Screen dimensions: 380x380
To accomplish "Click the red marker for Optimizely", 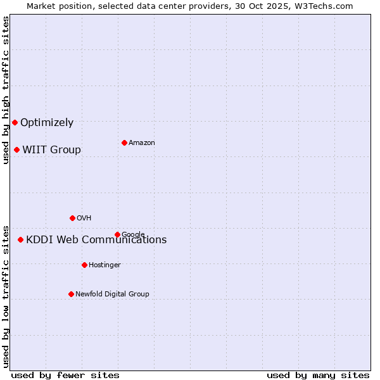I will coord(15,122).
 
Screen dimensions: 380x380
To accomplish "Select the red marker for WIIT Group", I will coord(16,149).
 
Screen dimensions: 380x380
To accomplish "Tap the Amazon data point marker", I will coord(124,142).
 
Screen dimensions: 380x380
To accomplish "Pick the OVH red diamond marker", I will coord(72,218).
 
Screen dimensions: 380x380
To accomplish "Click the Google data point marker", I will coord(117,234).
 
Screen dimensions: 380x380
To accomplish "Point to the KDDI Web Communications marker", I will coord(20,239).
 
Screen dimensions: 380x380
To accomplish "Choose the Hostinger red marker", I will coord(84,265).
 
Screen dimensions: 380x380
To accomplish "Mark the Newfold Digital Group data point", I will coord(71,294).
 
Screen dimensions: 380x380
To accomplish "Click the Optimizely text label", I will coord(47,123).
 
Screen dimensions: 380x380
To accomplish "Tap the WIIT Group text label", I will coord(51,150).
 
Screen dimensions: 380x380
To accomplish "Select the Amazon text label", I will coord(142,143).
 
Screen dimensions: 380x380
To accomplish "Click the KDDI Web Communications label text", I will coord(96,240).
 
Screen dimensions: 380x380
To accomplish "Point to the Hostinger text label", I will coord(104,265).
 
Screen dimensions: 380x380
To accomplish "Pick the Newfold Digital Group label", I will coord(112,294).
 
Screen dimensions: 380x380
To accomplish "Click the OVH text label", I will coord(84,218).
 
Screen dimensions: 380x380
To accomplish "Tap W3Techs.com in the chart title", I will coord(326,6).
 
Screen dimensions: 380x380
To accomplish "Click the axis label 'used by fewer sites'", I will coord(65,375).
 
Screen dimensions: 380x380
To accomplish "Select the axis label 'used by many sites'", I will coord(318,375).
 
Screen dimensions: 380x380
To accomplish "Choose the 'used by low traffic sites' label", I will coord(6,296).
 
